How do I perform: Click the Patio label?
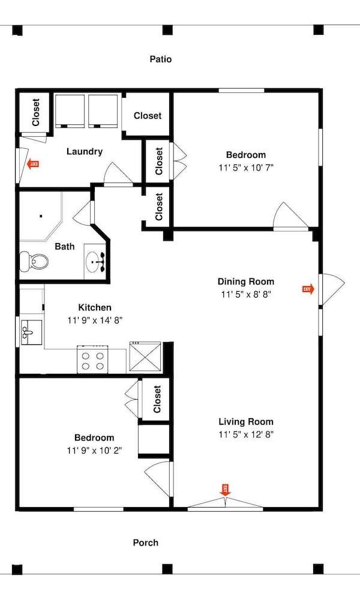pyautogui.click(x=161, y=59)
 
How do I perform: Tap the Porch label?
pyautogui.click(x=146, y=542)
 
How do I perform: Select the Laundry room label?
pyautogui.click(x=85, y=152)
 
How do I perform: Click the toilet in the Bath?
pyautogui.click(x=34, y=262)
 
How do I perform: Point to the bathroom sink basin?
pyautogui.click(x=94, y=262)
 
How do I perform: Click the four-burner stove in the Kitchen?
pyautogui.click(x=92, y=359)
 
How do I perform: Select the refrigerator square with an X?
pyautogui.click(x=146, y=356)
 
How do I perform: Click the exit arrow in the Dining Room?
pyautogui.click(x=308, y=289)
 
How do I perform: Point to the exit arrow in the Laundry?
pyautogui.click(x=33, y=164)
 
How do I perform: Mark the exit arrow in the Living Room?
pyautogui.click(x=226, y=490)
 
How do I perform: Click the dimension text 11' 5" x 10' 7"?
pyautogui.click(x=246, y=167)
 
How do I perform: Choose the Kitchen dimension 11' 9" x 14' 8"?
pyautogui.click(x=94, y=320)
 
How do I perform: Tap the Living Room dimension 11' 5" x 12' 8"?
pyautogui.click(x=246, y=434)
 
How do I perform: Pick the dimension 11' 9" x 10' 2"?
pyautogui.click(x=94, y=451)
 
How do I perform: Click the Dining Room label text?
pyautogui.click(x=246, y=282)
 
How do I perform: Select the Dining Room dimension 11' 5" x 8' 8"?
pyautogui.click(x=246, y=294)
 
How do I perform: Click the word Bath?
pyautogui.click(x=65, y=247)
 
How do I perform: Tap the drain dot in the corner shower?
pyautogui.click(x=41, y=216)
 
